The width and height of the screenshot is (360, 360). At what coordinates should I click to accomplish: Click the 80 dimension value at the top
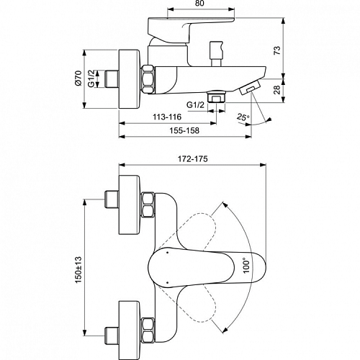(x=199, y=4)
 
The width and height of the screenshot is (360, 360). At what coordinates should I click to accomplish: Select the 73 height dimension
(x=277, y=50)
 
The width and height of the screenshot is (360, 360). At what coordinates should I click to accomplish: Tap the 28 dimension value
(x=277, y=90)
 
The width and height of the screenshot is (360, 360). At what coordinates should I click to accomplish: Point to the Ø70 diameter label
(x=78, y=78)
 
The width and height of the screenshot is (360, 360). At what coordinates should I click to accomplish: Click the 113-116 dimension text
(x=167, y=117)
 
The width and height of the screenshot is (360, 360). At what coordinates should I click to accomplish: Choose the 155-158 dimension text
(x=184, y=130)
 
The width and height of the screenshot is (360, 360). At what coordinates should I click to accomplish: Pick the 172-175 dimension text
(x=192, y=159)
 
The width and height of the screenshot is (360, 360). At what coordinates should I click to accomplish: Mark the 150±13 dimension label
(x=78, y=270)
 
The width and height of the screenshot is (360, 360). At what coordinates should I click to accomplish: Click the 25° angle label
(x=243, y=117)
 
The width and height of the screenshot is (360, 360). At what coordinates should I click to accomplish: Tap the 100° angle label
(x=246, y=266)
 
